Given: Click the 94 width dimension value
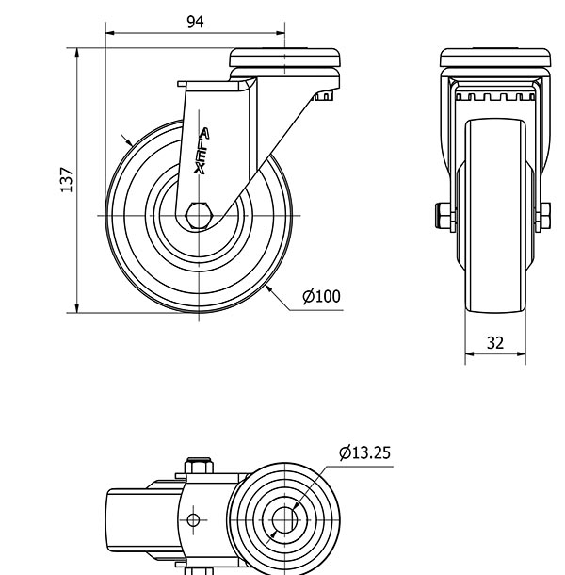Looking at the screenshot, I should pyautogui.click(x=195, y=23).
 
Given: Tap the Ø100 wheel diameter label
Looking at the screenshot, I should pyautogui.click(x=321, y=297).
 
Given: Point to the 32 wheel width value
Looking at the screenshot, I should pyautogui.click(x=495, y=343).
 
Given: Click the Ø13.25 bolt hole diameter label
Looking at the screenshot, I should pyautogui.click(x=364, y=453).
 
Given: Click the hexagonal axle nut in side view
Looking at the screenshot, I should pyautogui.click(x=199, y=215).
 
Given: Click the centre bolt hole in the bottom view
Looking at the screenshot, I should pyautogui.click(x=284, y=518).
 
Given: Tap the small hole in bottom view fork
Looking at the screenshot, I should pyautogui.click(x=194, y=519).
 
